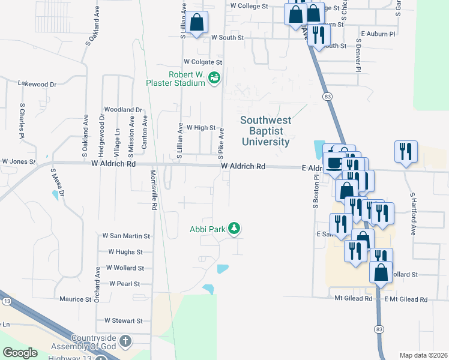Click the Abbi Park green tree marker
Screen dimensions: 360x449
tap(235, 228)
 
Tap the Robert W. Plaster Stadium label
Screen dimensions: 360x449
tap(178, 79)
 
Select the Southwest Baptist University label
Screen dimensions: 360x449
tap(265, 131)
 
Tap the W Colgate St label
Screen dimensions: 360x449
tap(203, 62)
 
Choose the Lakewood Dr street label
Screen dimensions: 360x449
tap(37, 85)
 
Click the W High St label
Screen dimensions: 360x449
tap(200, 128)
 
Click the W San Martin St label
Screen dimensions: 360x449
tap(126, 236)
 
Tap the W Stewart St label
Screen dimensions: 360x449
tap(124, 321)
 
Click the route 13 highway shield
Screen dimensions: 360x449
tap(7, 301)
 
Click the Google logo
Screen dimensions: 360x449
tap(20, 353)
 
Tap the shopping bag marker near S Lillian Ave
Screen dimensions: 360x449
tap(197, 23)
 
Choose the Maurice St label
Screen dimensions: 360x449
tap(75, 299)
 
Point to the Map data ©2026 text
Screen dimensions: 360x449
tap(423, 355)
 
